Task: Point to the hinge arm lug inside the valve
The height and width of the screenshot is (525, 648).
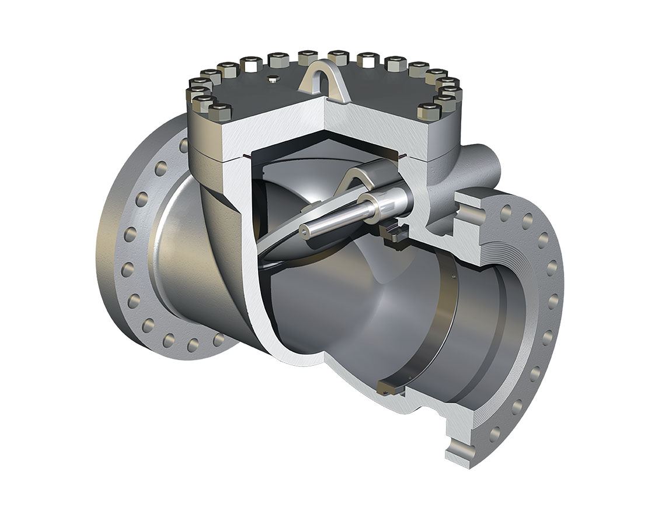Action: (357, 175)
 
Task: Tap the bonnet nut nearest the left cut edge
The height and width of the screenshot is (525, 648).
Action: (222, 109)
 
